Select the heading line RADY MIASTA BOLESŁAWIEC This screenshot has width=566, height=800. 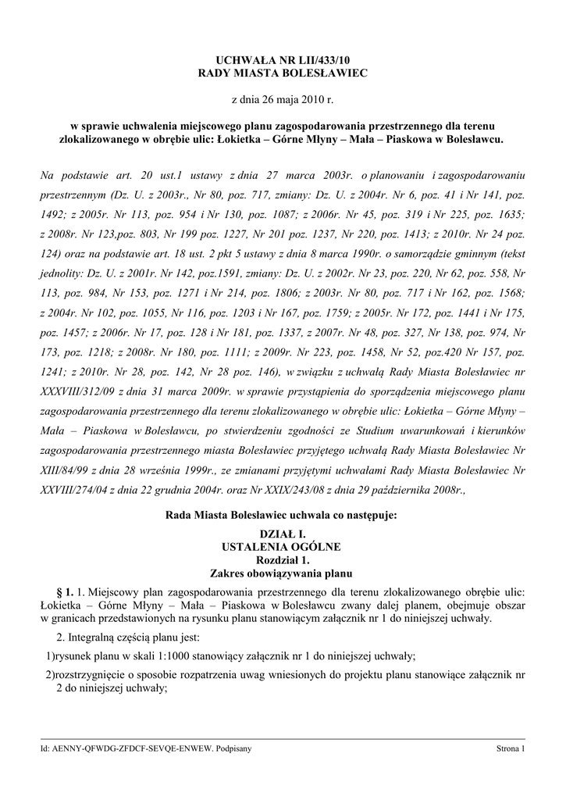(x=283, y=73)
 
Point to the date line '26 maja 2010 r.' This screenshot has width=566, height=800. (x=283, y=101)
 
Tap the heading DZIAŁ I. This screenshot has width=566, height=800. (x=283, y=533)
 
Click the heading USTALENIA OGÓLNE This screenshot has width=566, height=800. (x=283, y=546)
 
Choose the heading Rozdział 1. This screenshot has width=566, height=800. (x=283, y=559)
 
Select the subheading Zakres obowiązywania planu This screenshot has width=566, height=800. (x=283, y=573)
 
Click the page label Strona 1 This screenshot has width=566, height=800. (x=511, y=748)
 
